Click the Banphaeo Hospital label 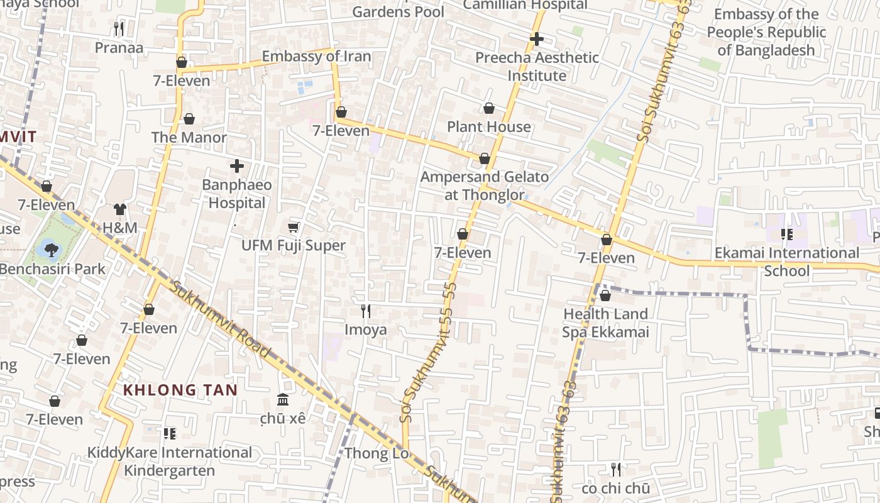(237, 194)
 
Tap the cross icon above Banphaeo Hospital (237, 166)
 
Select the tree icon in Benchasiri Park (51, 250)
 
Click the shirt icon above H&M (120, 209)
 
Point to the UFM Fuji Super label (294, 245)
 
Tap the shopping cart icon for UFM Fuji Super (293, 227)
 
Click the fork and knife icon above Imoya (366, 311)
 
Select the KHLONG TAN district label (180, 390)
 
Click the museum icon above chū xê (283, 400)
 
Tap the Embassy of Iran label (316, 57)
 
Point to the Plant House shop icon (489, 109)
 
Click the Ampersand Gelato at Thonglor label (484, 186)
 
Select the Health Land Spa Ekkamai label (605, 323)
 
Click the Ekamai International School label (786, 262)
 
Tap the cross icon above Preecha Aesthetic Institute (536, 39)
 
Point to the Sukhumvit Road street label (220, 321)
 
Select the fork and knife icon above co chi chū (616, 470)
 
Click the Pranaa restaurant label (119, 48)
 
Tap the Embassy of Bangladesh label (766, 32)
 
